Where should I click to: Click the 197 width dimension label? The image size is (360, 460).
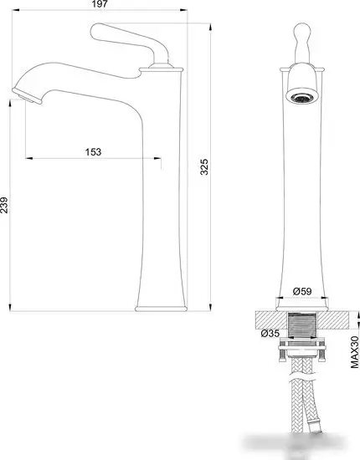[x=100, y=4]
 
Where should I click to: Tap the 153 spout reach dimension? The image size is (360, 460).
[x=93, y=152]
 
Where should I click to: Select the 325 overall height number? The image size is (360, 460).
[x=204, y=166]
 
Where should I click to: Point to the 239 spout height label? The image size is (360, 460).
[x=4, y=205]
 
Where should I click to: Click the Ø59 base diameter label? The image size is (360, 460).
[x=302, y=291]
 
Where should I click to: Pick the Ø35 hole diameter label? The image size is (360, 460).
[x=270, y=333]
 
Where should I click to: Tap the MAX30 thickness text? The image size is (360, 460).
[x=355, y=352]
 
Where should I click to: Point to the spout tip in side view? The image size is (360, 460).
[x=28, y=96]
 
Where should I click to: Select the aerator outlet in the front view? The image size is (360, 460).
[x=302, y=97]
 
